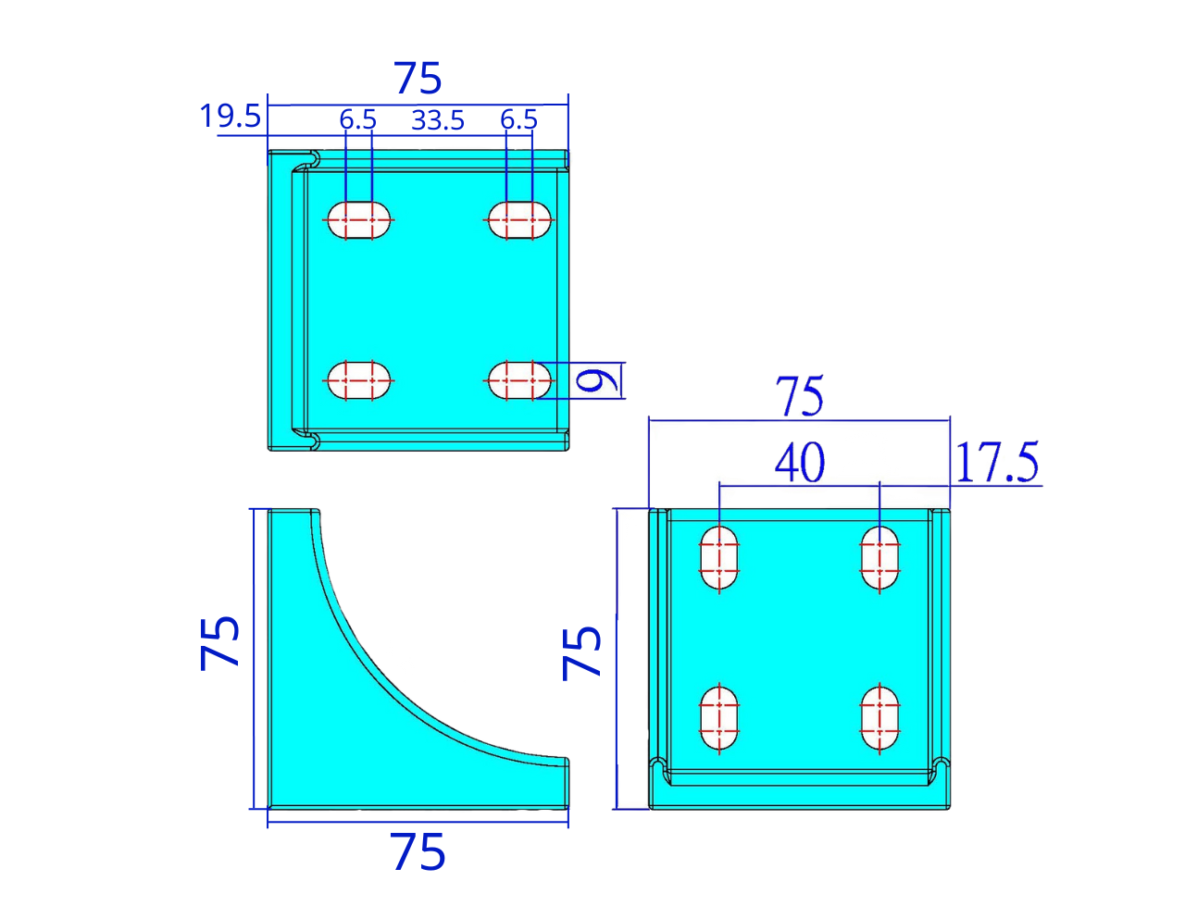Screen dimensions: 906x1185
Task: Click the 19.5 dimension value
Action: tap(230, 118)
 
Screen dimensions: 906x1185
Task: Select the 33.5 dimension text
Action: tap(438, 120)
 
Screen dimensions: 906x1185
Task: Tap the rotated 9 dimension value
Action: tap(596, 380)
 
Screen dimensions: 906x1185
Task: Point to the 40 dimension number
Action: tap(799, 463)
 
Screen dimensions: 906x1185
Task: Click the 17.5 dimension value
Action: tap(997, 464)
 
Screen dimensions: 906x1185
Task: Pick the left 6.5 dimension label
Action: tap(357, 119)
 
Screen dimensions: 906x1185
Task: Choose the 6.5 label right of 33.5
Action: tap(518, 119)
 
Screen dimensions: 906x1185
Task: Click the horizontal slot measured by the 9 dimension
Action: tap(519, 380)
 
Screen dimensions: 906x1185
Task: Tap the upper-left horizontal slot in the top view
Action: tap(358, 219)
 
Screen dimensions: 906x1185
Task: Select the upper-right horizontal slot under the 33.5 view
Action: tap(519, 219)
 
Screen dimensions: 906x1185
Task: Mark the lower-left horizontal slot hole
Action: tap(358, 380)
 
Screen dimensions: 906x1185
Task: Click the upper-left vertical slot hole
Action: tap(719, 558)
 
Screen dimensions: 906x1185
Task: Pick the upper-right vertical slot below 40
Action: tap(879, 558)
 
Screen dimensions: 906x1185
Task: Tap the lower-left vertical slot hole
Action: tap(719, 718)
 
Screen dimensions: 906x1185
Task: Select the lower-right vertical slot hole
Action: tap(879, 718)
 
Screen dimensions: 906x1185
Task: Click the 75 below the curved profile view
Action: tap(418, 852)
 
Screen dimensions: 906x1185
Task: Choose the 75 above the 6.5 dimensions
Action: tap(418, 79)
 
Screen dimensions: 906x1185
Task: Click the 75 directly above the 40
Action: tap(800, 398)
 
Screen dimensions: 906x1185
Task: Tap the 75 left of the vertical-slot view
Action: tap(582, 652)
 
